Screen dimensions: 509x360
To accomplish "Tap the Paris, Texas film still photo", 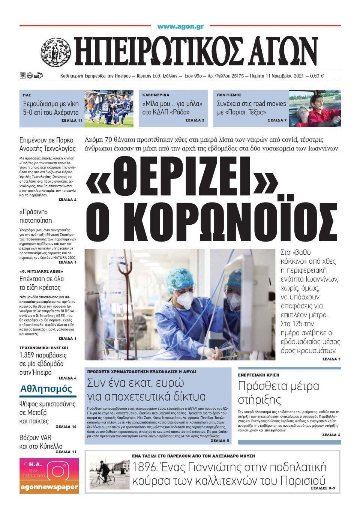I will (x=314, y=108).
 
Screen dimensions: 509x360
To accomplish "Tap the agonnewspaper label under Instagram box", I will (x=49, y=487).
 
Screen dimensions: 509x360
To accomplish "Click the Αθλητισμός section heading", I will (x=46, y=388).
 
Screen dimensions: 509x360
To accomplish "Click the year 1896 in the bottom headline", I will (x=147, y=467).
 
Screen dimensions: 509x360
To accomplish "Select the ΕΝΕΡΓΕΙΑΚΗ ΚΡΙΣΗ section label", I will (x=258, y=375).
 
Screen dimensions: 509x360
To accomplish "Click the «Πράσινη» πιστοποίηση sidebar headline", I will (x=36, y=216).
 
